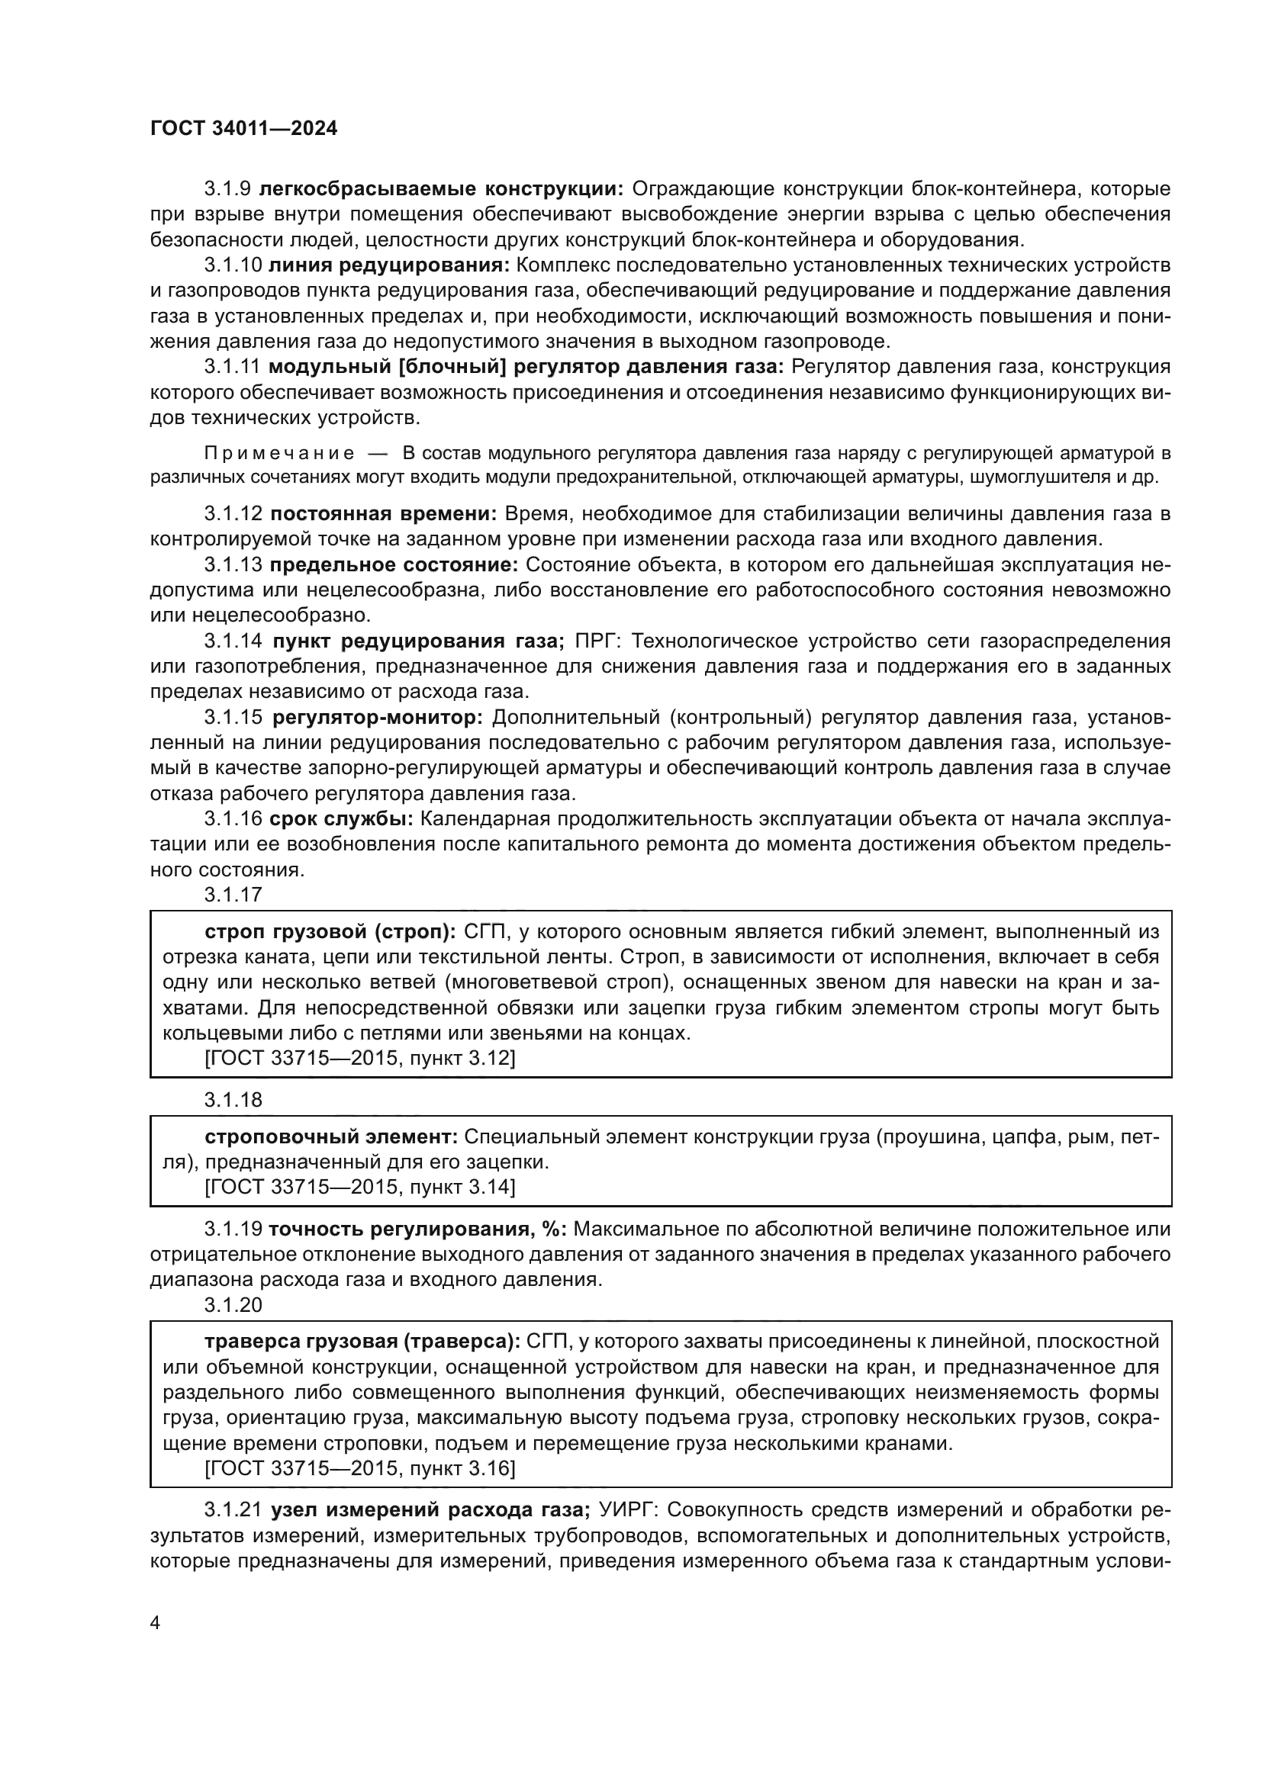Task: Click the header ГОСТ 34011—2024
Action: [x=243, y=129]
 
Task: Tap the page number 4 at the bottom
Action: [x=155, y=1623]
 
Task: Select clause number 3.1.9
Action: [x=227, y=189]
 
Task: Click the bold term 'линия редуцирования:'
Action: [x=388, y=265]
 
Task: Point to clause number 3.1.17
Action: [x=233, y=895]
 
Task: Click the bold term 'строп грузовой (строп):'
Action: [x=331, y=931]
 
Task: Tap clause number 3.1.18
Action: [x=233, y=1100]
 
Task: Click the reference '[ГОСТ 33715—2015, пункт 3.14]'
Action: [x=359, y=1187]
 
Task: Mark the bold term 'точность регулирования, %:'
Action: [x=418, y=1229]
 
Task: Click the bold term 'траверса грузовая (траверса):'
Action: [x=362, y=1341]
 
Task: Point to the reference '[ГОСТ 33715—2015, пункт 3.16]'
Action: [x=359, y=1467]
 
